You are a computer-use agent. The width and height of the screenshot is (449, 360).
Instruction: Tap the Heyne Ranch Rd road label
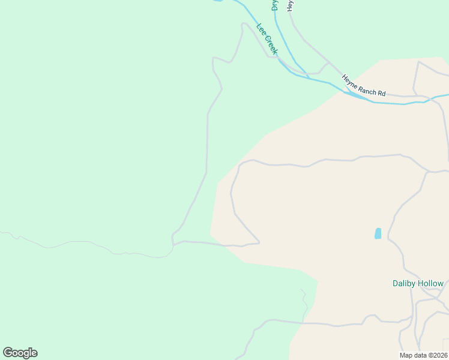(363, 86)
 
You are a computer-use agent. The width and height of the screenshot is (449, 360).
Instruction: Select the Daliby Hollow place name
(418, 283)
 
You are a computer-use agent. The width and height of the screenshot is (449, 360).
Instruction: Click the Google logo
(20, 353)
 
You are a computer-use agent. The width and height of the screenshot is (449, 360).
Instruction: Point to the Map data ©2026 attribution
(424, 355)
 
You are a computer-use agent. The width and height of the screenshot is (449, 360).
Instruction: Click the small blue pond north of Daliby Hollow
(378, 233)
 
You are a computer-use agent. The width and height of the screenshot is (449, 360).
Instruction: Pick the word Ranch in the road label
(366, 88)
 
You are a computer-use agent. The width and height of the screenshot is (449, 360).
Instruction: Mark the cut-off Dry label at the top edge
(274, 5)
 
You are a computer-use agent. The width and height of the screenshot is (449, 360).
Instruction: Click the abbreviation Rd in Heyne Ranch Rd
(381, 94)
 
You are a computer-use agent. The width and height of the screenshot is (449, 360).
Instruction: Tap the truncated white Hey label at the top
(290, 5)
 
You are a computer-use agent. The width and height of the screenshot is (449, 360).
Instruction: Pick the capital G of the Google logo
(8, 353)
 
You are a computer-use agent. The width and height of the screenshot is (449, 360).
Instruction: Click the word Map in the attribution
(406, 355)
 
